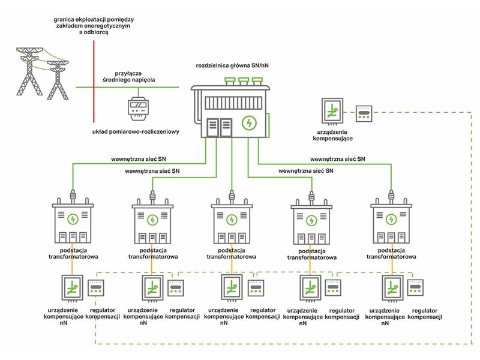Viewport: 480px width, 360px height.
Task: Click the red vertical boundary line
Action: tap(94, 82)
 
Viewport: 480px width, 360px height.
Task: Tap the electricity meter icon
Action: tap(138, 109)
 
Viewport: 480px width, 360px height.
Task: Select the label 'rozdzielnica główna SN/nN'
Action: tap(232, 65)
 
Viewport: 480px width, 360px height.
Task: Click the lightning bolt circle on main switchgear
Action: tap(249, 123)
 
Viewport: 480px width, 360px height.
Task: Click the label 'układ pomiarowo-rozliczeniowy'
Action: tap(136, 132)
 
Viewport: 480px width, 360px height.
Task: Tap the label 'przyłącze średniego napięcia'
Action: tap(128, 77)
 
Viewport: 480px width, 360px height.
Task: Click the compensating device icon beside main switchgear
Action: tap(332, 112)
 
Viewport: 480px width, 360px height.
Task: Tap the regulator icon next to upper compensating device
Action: tap(364, 113)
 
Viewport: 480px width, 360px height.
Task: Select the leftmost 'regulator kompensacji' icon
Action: tap(96, 288)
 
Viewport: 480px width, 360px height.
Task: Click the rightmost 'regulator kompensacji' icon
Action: tap(415, 287)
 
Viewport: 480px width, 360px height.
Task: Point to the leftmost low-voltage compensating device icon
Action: tap(72, 288)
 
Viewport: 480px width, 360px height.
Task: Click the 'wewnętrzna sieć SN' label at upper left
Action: tap(139, 159)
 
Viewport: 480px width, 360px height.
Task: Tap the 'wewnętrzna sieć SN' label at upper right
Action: tap(338, 159)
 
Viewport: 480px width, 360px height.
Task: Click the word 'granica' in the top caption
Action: tap(64, 20)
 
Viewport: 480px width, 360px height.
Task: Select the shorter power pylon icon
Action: tap(58, 80)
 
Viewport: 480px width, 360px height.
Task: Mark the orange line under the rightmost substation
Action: tap(392, 259)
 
